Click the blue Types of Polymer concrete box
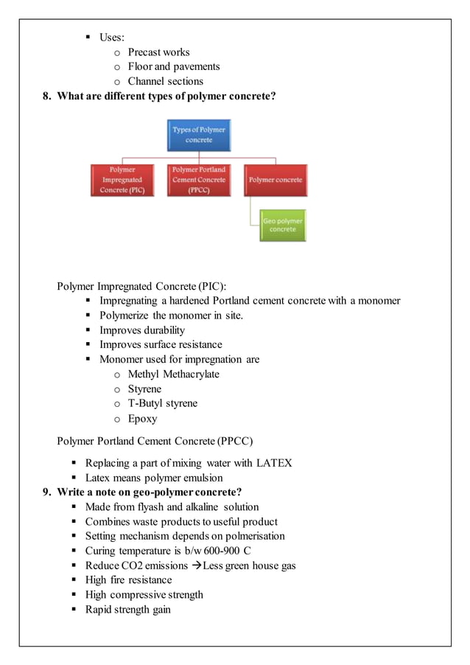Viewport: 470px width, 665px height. [199, 135]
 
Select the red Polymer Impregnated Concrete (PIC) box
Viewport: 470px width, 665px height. [122, 180]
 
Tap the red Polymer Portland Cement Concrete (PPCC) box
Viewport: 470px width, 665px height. [199, 180]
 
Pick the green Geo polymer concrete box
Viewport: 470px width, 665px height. [283, 226]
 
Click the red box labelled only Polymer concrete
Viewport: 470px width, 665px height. [275, 180]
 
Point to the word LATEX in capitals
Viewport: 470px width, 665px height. [274, 463]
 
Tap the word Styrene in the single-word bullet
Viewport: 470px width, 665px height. [144, 389]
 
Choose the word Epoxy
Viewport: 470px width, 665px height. [143, 419]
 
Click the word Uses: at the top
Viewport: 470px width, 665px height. [112, 37]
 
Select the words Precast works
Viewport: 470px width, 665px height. [158, 52]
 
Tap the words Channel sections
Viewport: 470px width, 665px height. [166, 81]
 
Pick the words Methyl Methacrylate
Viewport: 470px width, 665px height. [174, 375]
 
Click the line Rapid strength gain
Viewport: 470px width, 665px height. [127, 610]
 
